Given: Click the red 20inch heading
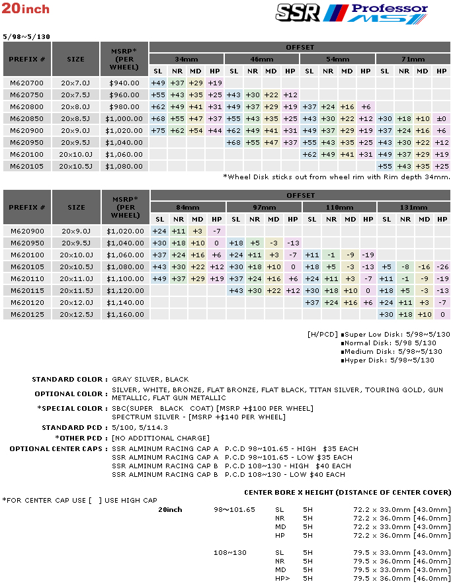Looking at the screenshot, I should [x=26, y=9].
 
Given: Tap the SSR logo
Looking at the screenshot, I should [x=298, y=12].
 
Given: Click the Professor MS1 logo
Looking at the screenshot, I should [x=389, y=13].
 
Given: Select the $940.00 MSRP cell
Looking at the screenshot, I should [x=124, y=83].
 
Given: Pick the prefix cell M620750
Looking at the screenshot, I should [x=26, y=95].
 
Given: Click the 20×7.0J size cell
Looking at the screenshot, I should [x=76, y=83].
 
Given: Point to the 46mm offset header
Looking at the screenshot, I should [x=263, y=59].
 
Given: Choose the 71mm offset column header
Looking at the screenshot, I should [x=413, y=59].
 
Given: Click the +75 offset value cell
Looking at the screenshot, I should [x=158, y=131].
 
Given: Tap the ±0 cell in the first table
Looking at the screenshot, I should [x=441, y=119].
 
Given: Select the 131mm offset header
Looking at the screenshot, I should [x=413, y=208].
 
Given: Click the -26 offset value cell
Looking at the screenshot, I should [x=441, y=267].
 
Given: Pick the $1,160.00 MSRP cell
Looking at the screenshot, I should [x=125, y=315].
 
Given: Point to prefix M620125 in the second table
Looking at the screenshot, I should [x=26, y=315].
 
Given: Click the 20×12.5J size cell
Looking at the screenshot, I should [x=76, y=315].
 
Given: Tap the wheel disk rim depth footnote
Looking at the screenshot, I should [x=336, y=177].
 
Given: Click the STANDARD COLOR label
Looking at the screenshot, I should [x=69, y=380].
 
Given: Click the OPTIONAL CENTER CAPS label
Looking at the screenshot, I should [x=58, y=449].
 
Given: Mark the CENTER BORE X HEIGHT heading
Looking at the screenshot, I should [x=347, y=493].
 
